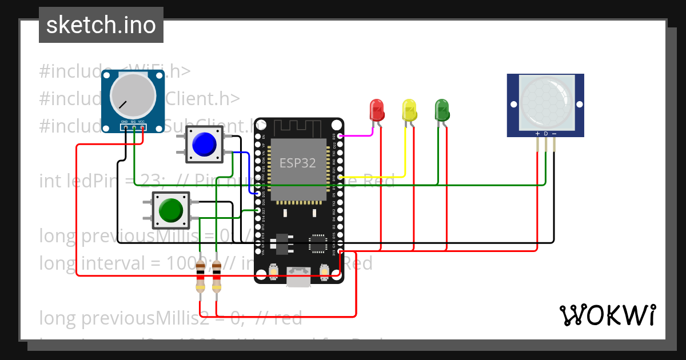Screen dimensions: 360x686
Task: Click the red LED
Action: click(377, 109)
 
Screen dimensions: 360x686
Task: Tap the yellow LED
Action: click(409, 109)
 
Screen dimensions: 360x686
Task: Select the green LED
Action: click(442, 109)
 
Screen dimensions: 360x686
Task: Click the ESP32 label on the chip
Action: click(297, 163)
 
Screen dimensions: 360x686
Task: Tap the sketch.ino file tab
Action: click(101, 25)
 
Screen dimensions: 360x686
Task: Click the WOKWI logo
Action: click(607, 315)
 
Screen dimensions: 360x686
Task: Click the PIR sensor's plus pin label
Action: click(537, 133)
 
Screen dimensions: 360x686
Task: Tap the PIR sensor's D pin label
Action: click(546, 133)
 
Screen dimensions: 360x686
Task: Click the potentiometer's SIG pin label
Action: click(133, 122)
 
